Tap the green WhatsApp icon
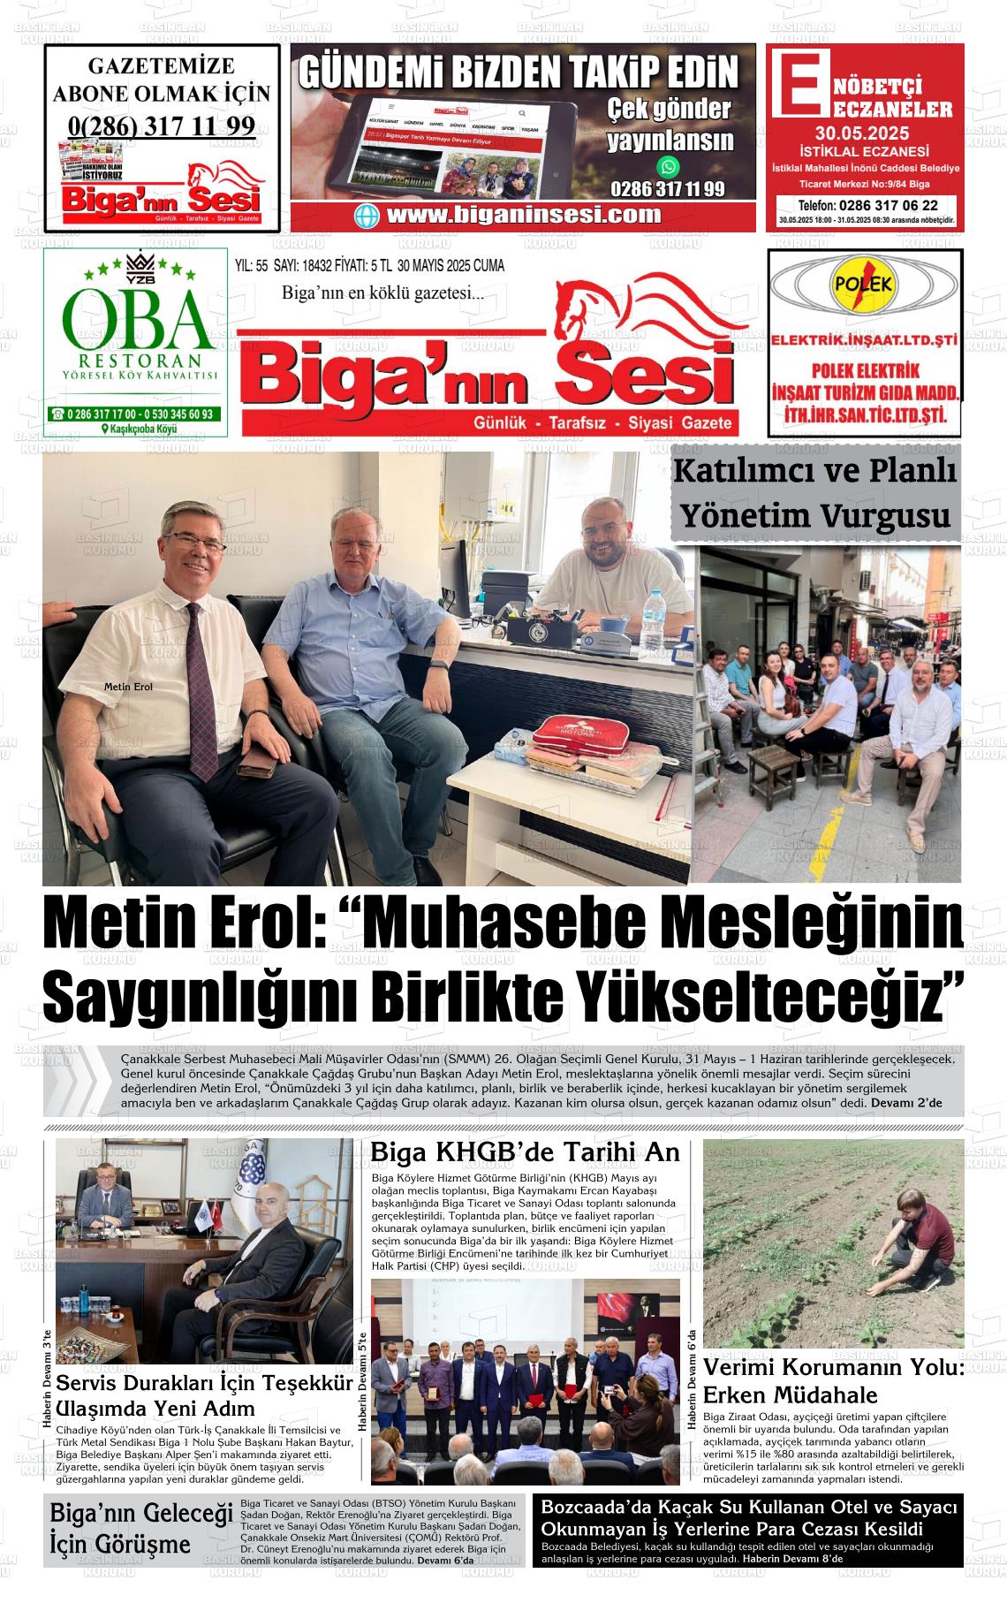coord(669,166)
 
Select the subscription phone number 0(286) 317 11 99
coord(162,125)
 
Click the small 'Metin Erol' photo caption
coord(128,687)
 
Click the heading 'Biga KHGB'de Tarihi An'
coord(525,1152)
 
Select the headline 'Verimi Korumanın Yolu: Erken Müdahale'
coord(833,1380)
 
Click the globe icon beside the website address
coord(367,216)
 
